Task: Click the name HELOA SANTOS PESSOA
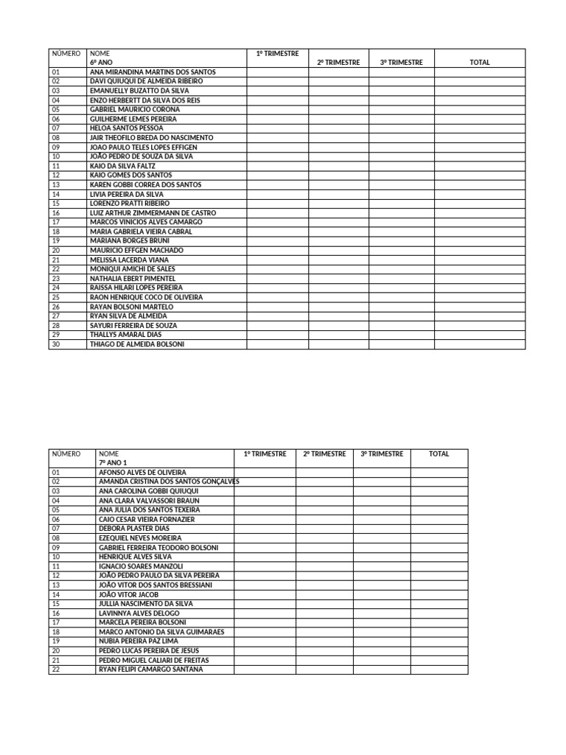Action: tap(121, 128)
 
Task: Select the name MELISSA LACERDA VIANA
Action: tap(129, 260)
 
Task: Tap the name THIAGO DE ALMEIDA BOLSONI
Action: tap(136, 344)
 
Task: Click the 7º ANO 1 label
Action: tap(113, 462)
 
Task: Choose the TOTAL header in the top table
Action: tap(479, 63)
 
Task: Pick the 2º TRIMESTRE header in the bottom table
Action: tap(324, 454)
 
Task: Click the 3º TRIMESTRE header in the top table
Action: tap(402, 63)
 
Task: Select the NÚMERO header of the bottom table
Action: tap(66, 454)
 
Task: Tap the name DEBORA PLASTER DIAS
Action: tap(134, 529)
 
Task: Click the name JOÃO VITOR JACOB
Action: tap(128, 594)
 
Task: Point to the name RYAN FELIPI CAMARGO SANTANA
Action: tap(150, 669)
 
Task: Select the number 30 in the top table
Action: tap(56, 344)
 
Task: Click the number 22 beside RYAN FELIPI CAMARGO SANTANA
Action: tap(56, 669)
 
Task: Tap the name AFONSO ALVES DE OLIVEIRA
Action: tap(142, 472)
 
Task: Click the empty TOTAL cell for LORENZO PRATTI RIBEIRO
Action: tap(479, 203)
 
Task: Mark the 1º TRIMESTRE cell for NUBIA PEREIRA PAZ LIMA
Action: tap(265, 641)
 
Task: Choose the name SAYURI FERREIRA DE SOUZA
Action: tap(133, 325)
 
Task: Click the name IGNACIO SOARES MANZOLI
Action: tap(141, 566)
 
